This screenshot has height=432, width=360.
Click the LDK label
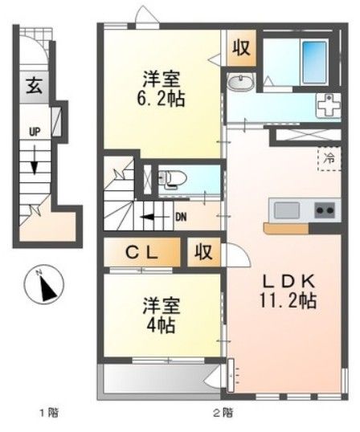point(290,282)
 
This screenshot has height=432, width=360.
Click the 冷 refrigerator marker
point(329,158)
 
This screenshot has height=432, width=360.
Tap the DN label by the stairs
point(182,215)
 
